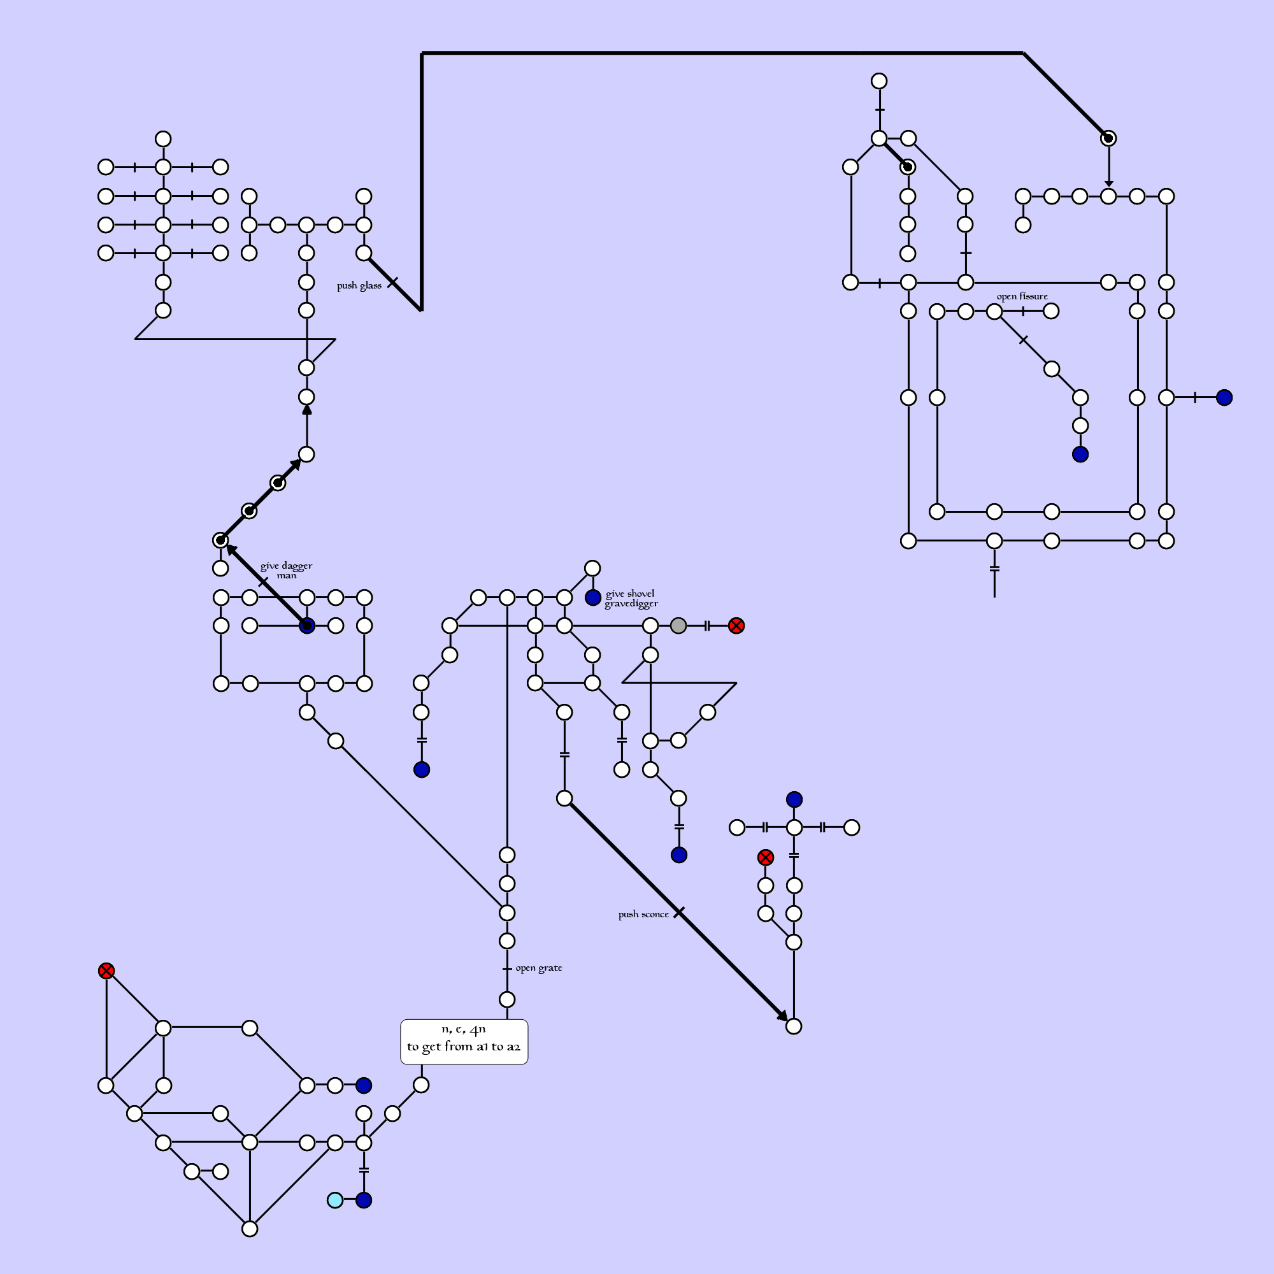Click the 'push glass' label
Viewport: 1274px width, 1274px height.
[359, 285]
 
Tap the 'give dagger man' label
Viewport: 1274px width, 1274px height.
[286, 570]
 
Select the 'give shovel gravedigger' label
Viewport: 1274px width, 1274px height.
[631, 599]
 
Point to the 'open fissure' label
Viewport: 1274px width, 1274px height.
[1022, 297]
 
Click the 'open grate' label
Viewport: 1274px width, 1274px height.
[539, 968]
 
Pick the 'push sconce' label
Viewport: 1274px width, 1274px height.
[643, 915]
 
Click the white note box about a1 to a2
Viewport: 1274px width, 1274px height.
[464, 1042]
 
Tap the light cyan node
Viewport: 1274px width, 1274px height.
[335, 1200]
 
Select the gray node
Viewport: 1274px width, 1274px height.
[678, 626]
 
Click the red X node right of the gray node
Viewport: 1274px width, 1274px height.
[736, 626]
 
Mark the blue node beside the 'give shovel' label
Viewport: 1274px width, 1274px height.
[593, 598]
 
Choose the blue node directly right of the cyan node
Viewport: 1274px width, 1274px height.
[364, 1200]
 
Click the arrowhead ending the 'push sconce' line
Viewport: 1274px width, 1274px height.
[784, 1016]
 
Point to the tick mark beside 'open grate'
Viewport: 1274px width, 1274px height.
[507, 970]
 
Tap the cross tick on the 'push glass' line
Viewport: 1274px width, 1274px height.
[392, 282]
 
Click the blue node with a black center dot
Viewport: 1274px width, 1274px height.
[306, 626]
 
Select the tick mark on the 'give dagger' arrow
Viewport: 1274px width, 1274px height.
[263, 582]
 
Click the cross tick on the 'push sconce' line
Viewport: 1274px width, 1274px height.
[679, 913]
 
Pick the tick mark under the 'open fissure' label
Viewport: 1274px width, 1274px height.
[1023, 311]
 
